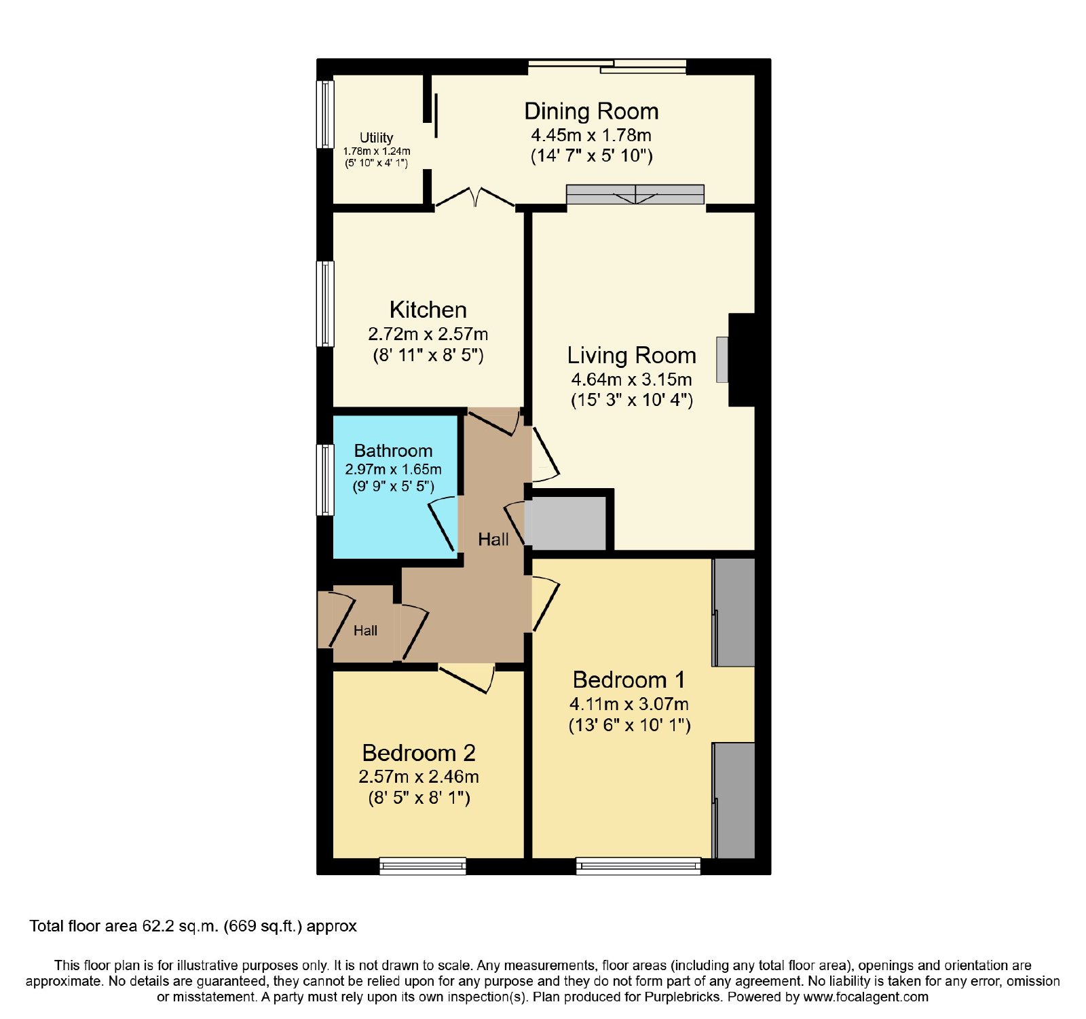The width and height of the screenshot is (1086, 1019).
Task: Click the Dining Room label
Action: [591, 111]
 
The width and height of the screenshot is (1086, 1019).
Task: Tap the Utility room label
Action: [376, 138]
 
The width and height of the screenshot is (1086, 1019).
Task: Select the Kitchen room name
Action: [428, 310]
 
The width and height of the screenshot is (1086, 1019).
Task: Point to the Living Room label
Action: [631, 355]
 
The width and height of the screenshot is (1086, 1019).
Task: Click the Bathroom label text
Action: [393, 451]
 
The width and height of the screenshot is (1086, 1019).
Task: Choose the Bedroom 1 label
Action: [629, 680]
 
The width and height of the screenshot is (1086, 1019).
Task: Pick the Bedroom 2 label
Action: [418, 753]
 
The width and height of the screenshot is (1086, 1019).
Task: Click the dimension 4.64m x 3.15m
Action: [631, 379]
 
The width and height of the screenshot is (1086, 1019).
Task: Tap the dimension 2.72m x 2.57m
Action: [428, 334]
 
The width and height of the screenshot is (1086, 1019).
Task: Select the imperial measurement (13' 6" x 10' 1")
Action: [629, 725]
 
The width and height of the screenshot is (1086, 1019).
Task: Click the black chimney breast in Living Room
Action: [741, 360]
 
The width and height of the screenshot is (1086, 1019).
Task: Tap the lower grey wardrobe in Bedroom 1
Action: [734, 800]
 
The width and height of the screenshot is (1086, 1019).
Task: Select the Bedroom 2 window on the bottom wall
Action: [422, 866]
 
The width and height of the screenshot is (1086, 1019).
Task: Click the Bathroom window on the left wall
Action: [326, 479]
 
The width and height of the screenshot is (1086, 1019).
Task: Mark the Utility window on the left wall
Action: [326, 114]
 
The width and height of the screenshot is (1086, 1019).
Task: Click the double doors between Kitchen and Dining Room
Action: [475, 197]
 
